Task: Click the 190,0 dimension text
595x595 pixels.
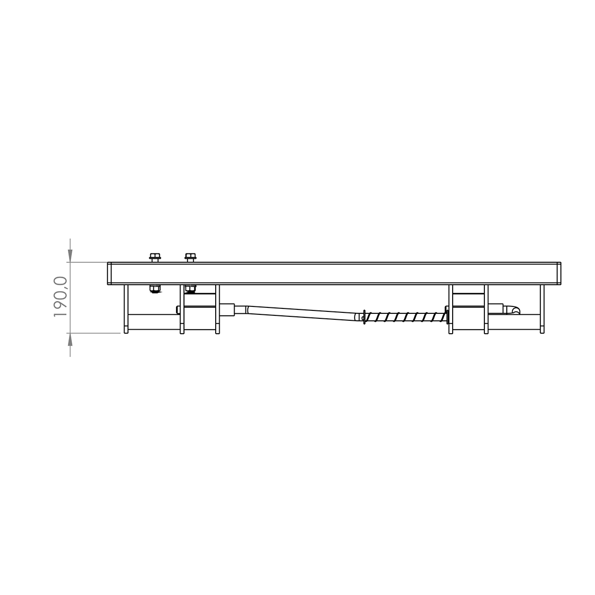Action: (60, 297)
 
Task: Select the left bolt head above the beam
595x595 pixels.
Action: (155, 257)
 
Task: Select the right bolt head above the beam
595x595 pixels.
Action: (190, 257)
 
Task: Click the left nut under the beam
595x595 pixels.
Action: (155, 289)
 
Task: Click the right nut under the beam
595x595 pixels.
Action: (190, 288)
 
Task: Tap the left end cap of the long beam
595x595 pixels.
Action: (109, 273)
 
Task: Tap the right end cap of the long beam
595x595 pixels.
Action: (559, 273)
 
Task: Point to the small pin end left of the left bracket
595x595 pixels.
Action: (178, 310)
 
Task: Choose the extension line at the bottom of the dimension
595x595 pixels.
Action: (94, 333)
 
